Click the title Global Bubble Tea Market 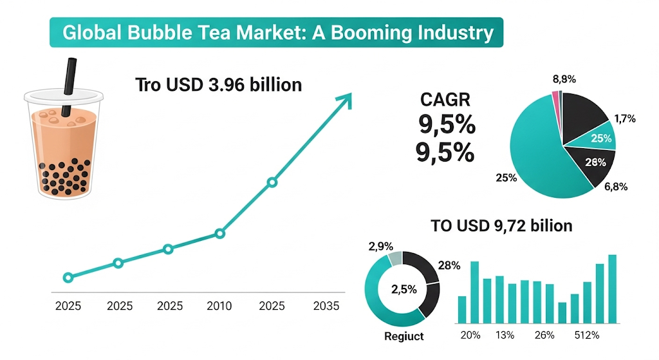276,33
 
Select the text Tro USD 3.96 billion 219,84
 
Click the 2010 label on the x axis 219,306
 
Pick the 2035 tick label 326,306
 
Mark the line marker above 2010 219,234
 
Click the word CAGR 445,100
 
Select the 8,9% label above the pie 564,79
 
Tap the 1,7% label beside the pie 625,118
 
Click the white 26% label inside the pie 595,162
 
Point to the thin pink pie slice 555,97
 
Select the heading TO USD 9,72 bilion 501,225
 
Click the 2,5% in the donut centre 404,289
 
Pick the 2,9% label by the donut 380,247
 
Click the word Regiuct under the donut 404,336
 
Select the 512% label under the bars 586,335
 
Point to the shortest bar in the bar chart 562,312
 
